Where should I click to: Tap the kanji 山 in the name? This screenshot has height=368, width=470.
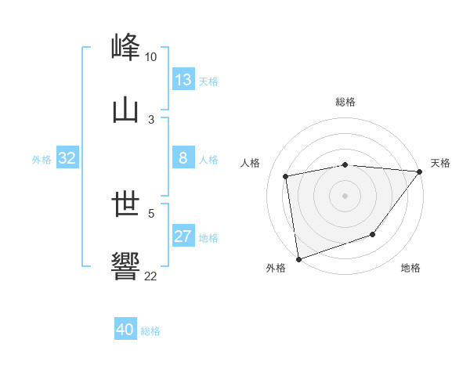[x=126, y=111]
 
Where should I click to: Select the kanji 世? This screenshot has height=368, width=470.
[x=126, y=205]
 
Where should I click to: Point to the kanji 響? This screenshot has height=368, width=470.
[x=126, y=267]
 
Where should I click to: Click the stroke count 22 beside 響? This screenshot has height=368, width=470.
[x=151, y=276]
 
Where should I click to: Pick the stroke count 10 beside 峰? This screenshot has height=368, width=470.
[x=151, y=57]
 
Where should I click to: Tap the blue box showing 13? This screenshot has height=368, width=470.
[x=183, y=80]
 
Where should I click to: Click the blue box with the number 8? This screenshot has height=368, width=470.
[x=183, y=158]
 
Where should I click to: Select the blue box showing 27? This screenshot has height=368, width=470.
[x=183, y=236]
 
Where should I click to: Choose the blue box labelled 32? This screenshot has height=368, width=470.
[x=67, y=158]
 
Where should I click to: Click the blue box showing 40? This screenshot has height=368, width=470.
[x=125, y=330]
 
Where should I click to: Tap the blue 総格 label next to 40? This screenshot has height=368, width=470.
[x=150, y=331]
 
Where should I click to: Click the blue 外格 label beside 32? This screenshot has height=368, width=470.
[x=42, y=160]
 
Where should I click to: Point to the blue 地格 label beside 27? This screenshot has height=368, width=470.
[x=209, y=238]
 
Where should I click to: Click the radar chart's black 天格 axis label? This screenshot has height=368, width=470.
[x=441, y=163]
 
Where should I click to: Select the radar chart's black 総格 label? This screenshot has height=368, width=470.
[x=345, y=102]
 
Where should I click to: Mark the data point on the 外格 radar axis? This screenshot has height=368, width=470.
[x=298, y=258]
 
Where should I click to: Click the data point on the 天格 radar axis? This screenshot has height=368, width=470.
[x=420, y=171]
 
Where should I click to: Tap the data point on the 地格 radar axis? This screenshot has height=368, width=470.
[x=373, y=234]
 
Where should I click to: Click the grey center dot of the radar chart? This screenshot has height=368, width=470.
[x=345, y=196]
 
